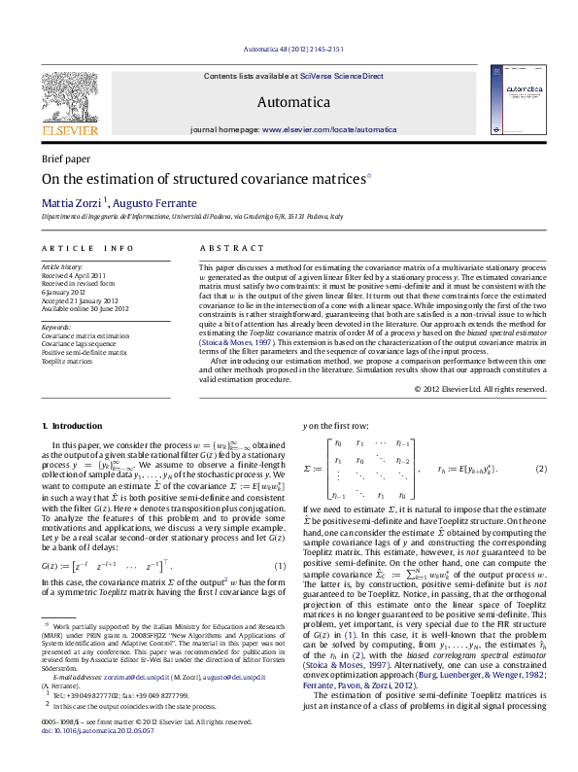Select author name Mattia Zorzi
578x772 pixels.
[67, 202]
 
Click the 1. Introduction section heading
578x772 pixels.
[72, 425]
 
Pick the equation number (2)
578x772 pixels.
[541, 469]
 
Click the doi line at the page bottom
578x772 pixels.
[93, 755]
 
